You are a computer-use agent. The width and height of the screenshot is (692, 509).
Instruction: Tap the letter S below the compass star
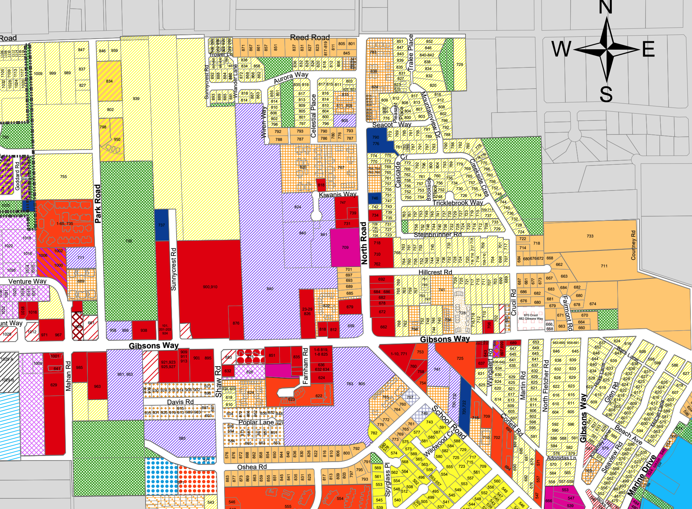click(x=606, y=94)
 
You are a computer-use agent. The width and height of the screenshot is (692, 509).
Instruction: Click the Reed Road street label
click(x=309, y=37)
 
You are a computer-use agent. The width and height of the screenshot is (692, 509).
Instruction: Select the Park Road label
click(x=98, y=203)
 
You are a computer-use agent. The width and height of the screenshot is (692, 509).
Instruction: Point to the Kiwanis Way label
click(x=337, y=194)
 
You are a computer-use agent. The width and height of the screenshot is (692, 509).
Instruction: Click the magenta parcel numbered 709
click(x=345, y=247)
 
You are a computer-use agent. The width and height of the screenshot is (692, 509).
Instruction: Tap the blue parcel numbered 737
click(x=161, y=225)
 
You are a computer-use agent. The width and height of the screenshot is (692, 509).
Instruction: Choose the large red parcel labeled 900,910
click(x=210, y=287)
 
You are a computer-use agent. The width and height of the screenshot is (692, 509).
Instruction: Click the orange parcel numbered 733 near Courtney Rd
click(x=590, y=236)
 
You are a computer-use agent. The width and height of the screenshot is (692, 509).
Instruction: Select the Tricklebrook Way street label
click(x=458, y=203)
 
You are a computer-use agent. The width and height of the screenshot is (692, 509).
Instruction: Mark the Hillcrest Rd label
click(x=435, y=272)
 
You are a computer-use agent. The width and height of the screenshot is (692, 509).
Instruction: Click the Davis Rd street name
click(x=180, y=401)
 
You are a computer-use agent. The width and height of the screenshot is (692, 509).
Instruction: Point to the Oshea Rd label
click(x=252, y=467)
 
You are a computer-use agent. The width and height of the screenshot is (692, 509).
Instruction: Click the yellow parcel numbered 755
click(x=64, y=176)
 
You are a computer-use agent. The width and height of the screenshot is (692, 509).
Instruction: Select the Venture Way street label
click(x=27, y=281)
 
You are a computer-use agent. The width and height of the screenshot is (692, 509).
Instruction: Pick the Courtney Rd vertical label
click(x=633, y=245)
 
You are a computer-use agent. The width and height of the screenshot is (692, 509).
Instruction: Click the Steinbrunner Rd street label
click(x=438, y=235)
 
